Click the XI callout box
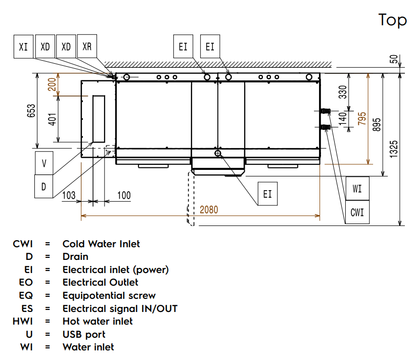tap(23, 47)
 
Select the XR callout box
tap(87, 47)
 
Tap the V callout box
tap(44, 163)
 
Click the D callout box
tap(44, 187)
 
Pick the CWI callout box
tap(357, 212)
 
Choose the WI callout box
tap(357, 189)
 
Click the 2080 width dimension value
tap(209, 209)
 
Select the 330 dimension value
tap(342, 92)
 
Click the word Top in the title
tap(392, 20)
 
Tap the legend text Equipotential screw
tap(109, 295)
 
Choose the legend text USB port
tap(84, 334)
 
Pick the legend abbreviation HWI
tap(23, 321)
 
